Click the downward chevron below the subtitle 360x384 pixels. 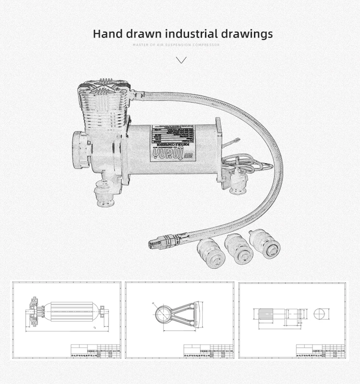point(181,60)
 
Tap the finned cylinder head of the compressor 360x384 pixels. point(106,103)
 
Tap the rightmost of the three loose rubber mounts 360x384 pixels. point(264,243)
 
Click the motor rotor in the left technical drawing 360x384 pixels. point(72,312)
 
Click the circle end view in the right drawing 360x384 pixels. point(320,314)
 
